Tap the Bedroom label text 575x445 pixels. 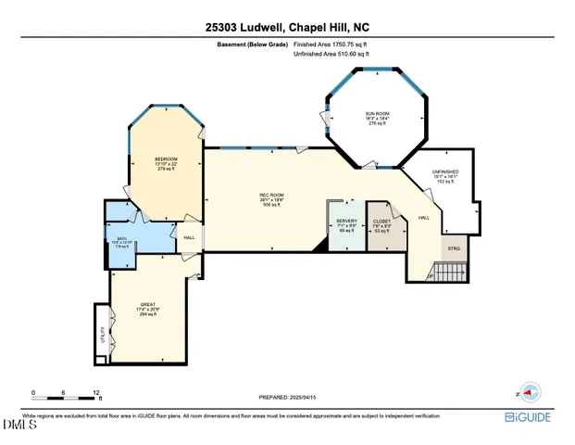pyautogui.click(x=166, y=159)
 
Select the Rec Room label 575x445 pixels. pyautogui.click(x=270, y=194)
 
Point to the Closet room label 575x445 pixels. pyautogui.click(x=381, y=222)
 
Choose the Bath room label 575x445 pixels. pyautogui.click(x=120, y=241)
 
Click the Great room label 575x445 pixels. pyautogui.click(x=147, y=304)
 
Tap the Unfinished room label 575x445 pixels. pyautogui.click(x=445, y=172)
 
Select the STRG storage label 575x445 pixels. pyautogui.click(x=454, y=248)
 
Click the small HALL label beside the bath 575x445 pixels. pyautogui.click(x=189, y=237)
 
